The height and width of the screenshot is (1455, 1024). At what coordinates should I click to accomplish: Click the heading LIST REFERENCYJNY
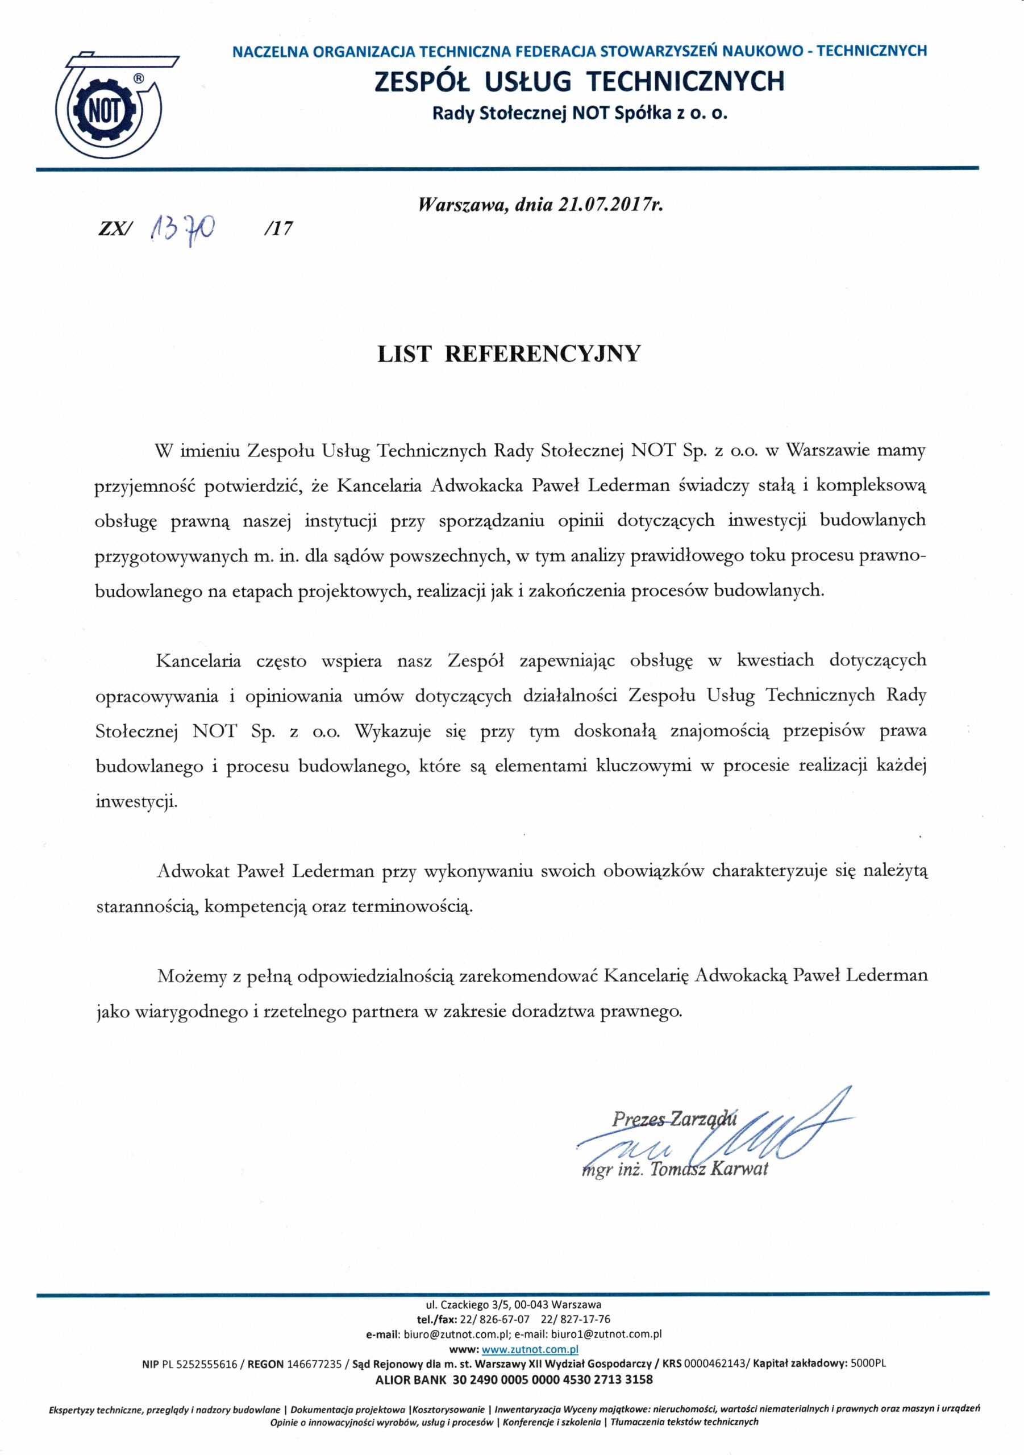pyautogui.click(x=509, y=354)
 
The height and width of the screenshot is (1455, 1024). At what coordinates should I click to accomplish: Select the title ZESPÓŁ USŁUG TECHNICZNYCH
pyautogui.click(x=579, y=82)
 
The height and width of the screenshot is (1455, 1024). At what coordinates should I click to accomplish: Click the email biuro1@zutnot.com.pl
pyautogui.click(x=616, y=1334)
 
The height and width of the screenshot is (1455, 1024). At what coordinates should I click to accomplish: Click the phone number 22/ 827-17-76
pyautogui.click(x=576, y=1319)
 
